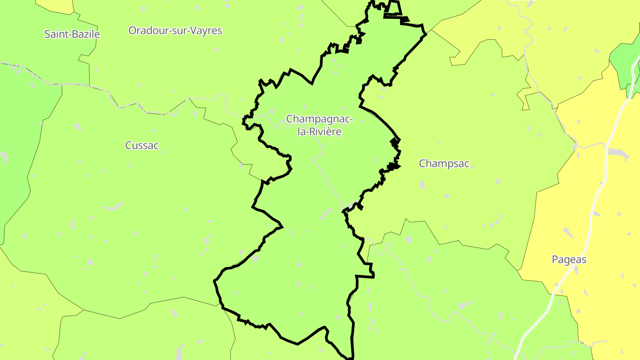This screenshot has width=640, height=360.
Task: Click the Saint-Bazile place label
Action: click(x=72, y=34)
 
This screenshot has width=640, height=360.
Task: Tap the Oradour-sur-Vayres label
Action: click(x=175, y=31)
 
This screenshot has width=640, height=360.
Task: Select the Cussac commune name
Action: click(x=142, y=145)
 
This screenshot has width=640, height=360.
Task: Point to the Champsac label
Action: click(x=444, y=164)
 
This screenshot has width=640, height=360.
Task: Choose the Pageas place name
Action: click(x=569, y=260)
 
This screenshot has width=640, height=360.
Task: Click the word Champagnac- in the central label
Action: click(x=320, y=119)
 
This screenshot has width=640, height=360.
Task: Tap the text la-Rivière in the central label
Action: click(x=320, y=132)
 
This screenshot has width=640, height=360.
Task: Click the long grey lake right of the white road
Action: click(x=618, y=152)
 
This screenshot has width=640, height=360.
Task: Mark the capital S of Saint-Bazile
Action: click(x=47, y=34)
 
